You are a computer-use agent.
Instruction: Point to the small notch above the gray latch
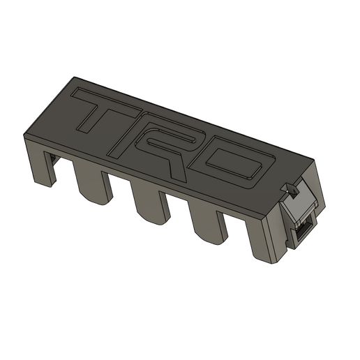pos(286,188)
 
